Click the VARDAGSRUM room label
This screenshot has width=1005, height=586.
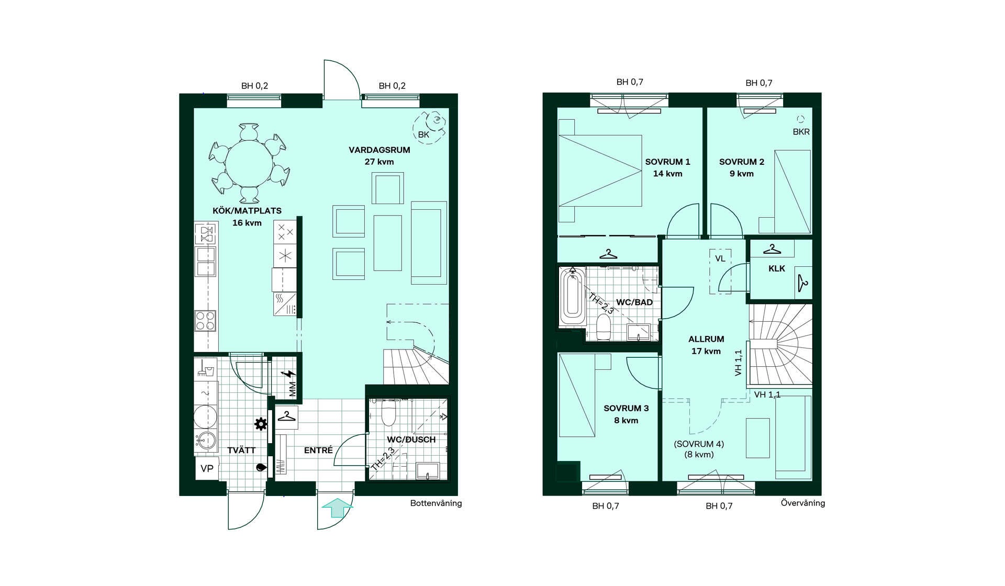pos(379,150)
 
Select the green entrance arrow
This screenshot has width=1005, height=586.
pos(337,508)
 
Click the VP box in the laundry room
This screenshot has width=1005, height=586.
pos(207,468)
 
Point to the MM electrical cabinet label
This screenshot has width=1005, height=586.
pos(292,389)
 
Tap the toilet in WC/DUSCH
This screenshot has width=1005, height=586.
pos(388,413)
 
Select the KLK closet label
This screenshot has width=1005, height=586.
pos(777,268)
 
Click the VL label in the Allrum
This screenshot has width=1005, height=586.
pos(720,258)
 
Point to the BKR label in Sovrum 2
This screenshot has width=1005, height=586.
pos(801,132)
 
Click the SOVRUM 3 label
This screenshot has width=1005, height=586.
pos(626,408)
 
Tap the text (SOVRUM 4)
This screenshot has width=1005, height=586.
pos(699,444)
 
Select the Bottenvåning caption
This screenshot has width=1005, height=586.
pos(436,503)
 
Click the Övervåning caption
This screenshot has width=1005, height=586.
pos(803,503)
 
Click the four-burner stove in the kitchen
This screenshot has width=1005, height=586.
pos(205,321)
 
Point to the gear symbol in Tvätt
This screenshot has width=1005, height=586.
pos(260,424)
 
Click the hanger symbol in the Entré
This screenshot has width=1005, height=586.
pos(286,416)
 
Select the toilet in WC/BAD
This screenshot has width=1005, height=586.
pos(604,327)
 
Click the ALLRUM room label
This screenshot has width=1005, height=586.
pos(706,339)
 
